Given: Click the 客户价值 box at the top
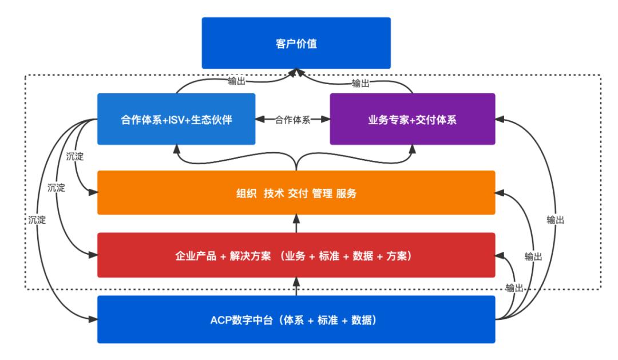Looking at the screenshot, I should click(x=296, y=43).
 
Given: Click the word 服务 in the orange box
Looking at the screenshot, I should click(x=346, y=193).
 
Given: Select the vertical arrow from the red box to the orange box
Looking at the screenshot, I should click(x=296, y=224).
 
